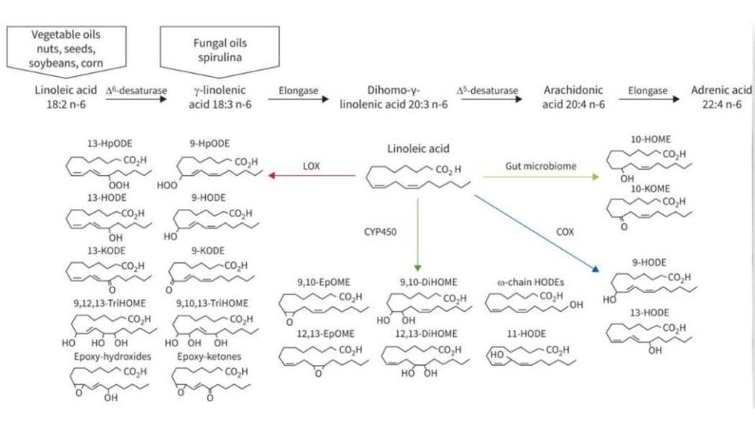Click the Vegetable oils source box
click(67, 49)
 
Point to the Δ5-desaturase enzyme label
click(488, 91)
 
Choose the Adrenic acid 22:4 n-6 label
click(713, 98)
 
